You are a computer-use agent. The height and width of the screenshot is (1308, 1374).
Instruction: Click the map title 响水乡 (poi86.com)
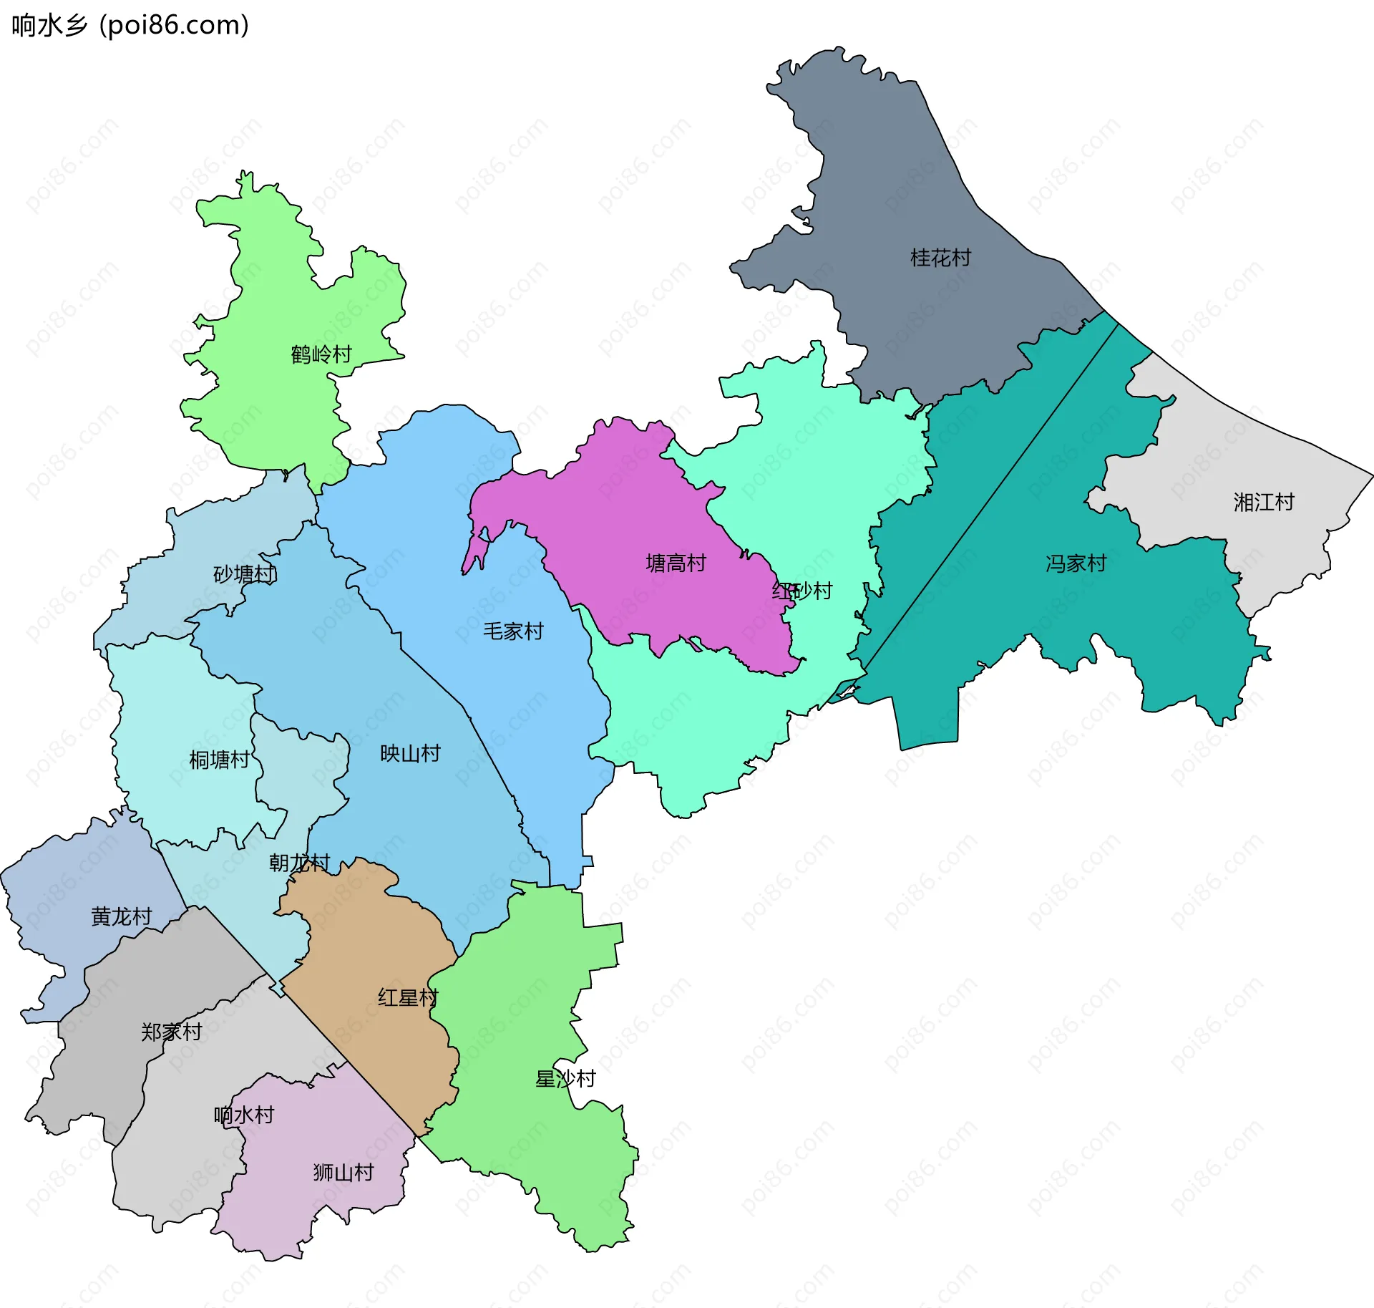pos(130,25)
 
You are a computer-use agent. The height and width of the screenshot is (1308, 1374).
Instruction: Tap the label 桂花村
pos(940,258)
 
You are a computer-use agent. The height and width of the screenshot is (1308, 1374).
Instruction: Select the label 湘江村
pos(1264,502)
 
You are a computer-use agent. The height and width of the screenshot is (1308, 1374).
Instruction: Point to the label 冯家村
pos(1076,563)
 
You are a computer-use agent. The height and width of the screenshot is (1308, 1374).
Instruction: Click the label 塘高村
pos(676,563)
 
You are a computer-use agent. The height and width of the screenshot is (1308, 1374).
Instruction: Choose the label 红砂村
pos(802,591)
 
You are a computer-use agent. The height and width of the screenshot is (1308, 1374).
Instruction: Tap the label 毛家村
pos(513,631)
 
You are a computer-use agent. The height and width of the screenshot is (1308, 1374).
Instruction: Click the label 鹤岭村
pos(321,354)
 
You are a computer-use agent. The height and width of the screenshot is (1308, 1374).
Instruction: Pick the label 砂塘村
pos(245,574)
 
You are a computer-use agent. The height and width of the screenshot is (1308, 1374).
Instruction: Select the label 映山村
pos(410,753)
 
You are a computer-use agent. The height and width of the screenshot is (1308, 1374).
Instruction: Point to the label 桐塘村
pos(219,760)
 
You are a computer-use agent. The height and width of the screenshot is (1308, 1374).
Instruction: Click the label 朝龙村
pos(299,863)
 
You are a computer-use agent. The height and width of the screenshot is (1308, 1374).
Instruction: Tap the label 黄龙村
pos(122,916)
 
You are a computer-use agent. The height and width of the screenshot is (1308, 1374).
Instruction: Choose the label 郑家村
pos(171,1032)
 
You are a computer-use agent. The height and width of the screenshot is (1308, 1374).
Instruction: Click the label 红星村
pos(408,997)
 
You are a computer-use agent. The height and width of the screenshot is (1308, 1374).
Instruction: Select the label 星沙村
pos(565,1079)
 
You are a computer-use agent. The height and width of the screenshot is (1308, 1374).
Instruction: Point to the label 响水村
pos(243,1115)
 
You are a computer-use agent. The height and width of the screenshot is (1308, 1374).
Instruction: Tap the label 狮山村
pos(343,1172)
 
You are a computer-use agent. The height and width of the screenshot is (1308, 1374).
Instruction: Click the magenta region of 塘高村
pos(630,515)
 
